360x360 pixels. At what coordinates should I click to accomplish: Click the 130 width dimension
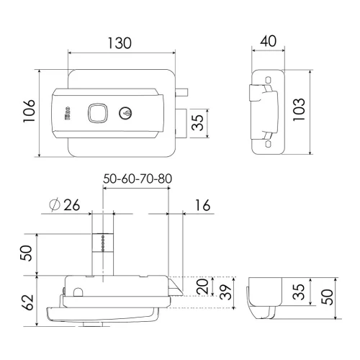tap(120, 43)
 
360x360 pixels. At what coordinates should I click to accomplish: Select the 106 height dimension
tap(29, 111)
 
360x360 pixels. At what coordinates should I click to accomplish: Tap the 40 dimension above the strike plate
tap(269, 41)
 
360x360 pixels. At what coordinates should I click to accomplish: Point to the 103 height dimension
tap(299, 109)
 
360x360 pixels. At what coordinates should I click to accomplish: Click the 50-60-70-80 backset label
tap(138, 179)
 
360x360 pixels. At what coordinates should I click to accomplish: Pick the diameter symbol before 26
tap(55, 205)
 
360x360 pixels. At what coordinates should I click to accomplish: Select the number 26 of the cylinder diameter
tap(71, 205)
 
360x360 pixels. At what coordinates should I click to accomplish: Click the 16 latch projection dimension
tap(202, 205)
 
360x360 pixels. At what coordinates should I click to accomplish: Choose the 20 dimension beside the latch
tap(202, 287)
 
